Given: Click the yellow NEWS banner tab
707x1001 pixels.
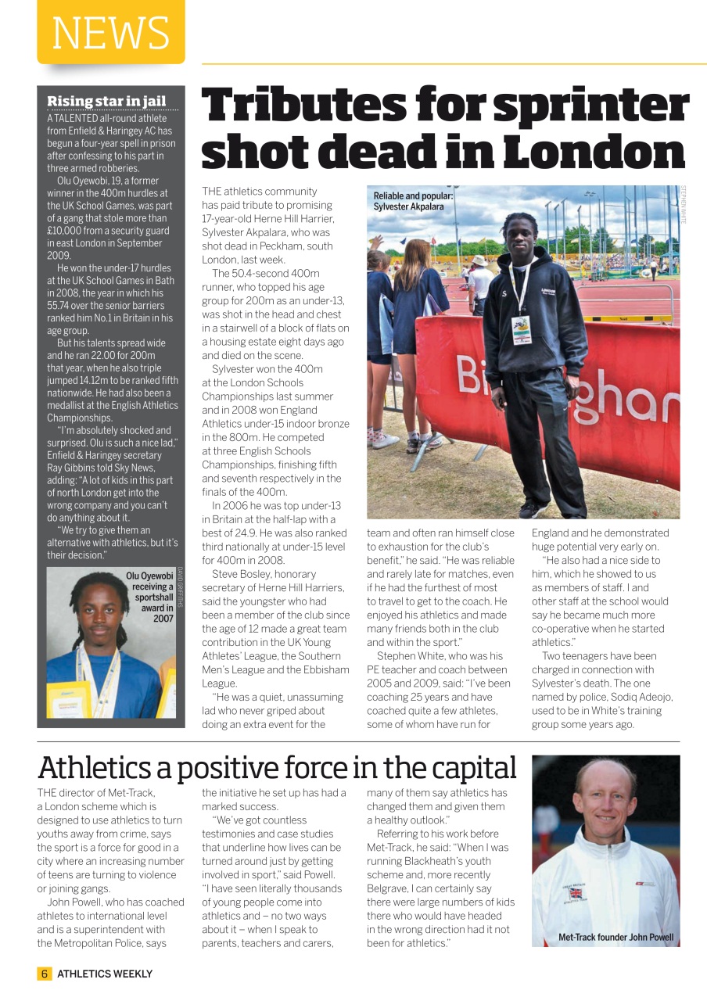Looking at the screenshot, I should coord(110,32).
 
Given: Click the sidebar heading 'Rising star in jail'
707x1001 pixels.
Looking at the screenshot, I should coord(106,101).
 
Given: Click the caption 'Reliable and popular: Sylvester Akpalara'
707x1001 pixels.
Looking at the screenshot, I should coord(413,202).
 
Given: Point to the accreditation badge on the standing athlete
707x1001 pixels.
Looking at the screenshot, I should coord(522,329).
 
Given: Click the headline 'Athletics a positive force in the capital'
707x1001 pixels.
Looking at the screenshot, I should coord(277,768).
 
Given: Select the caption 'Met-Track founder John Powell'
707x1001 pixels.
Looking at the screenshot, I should coord(615,937).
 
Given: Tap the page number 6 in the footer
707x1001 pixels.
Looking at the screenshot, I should coord(45,974).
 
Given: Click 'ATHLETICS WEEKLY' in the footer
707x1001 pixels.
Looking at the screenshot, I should coord(105,974).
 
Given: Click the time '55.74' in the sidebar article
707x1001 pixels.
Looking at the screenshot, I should coord(62,306).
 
